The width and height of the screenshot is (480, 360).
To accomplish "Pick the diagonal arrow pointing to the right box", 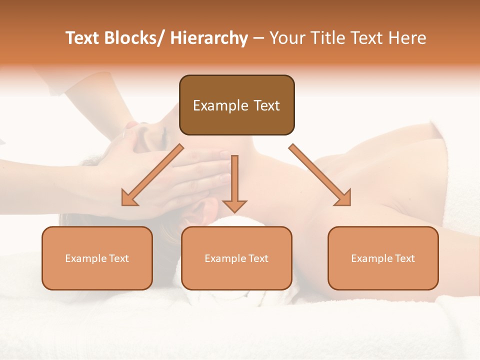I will click(x=319, y=174).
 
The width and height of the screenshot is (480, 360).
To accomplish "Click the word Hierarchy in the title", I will click(x=209, y=38).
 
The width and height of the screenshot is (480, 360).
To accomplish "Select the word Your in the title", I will click(x=287, y=38).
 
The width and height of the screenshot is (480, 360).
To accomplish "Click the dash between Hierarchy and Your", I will click(x=258, y=38).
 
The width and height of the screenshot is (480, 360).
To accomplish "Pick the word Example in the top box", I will click(x=220, y=105).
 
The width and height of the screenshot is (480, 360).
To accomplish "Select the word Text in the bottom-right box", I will click(x=404, y=258).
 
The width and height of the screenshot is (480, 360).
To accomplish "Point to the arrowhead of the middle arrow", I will click(x=234, y=205).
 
